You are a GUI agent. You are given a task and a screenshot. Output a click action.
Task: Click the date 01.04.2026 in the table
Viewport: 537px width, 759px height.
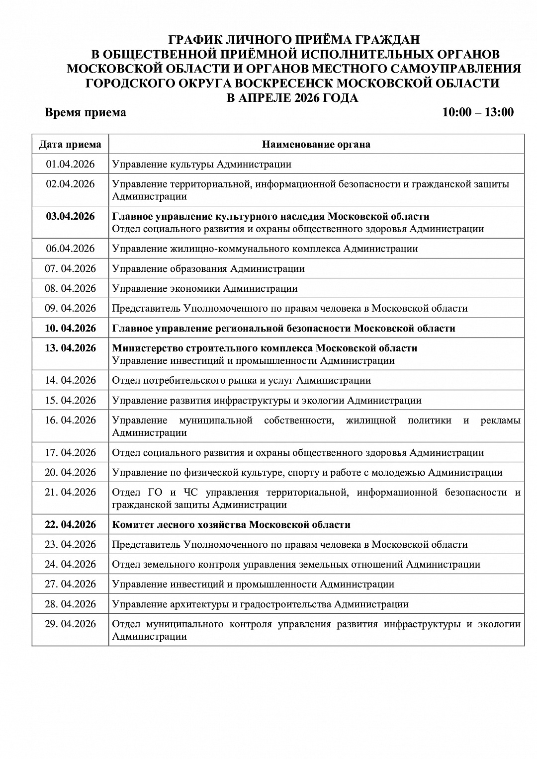coord(70,165)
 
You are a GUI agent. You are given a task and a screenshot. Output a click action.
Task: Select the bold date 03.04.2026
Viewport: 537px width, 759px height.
coord(70,217)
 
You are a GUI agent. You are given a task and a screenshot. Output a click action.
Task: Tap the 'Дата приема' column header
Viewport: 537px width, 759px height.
coord(70,145)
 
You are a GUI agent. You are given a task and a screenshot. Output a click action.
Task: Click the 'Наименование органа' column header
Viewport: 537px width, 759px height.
coord(316,145)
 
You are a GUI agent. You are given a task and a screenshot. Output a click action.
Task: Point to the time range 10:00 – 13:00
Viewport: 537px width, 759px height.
coord(478,112)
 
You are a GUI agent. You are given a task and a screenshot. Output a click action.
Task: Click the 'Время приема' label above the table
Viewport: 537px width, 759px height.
coord(86,112)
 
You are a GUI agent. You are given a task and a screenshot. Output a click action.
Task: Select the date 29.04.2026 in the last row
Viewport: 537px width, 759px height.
coord(70,624)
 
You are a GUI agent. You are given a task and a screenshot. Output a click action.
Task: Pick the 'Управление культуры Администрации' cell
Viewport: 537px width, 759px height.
coord(202,165)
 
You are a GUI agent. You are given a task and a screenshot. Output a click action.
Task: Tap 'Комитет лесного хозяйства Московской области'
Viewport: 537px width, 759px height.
coord(231,525)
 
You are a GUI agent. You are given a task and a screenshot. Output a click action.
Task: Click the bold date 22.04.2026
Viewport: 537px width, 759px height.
coord(70,525)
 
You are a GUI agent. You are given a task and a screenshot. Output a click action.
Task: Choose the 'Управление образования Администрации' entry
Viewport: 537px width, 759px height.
coord(208,269)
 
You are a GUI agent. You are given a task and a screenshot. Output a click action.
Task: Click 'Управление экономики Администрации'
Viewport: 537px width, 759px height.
coord(205,289)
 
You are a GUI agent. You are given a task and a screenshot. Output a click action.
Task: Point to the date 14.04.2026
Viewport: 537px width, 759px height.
coord(70,381)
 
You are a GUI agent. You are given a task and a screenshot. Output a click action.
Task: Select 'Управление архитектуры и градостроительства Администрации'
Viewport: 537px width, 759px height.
coord(260,604)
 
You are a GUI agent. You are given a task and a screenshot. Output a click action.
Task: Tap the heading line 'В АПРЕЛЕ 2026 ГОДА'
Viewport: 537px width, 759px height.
coord(292,98)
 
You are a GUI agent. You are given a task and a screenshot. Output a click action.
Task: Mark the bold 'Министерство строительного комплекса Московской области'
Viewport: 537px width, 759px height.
coord(265,348)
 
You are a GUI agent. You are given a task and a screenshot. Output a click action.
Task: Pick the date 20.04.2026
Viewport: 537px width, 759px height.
coord(70,473)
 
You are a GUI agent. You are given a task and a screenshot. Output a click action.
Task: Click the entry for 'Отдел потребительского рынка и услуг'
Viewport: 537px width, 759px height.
coord(241,381)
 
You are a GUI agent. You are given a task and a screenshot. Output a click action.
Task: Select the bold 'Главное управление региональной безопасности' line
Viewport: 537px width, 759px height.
coord(283,329)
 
